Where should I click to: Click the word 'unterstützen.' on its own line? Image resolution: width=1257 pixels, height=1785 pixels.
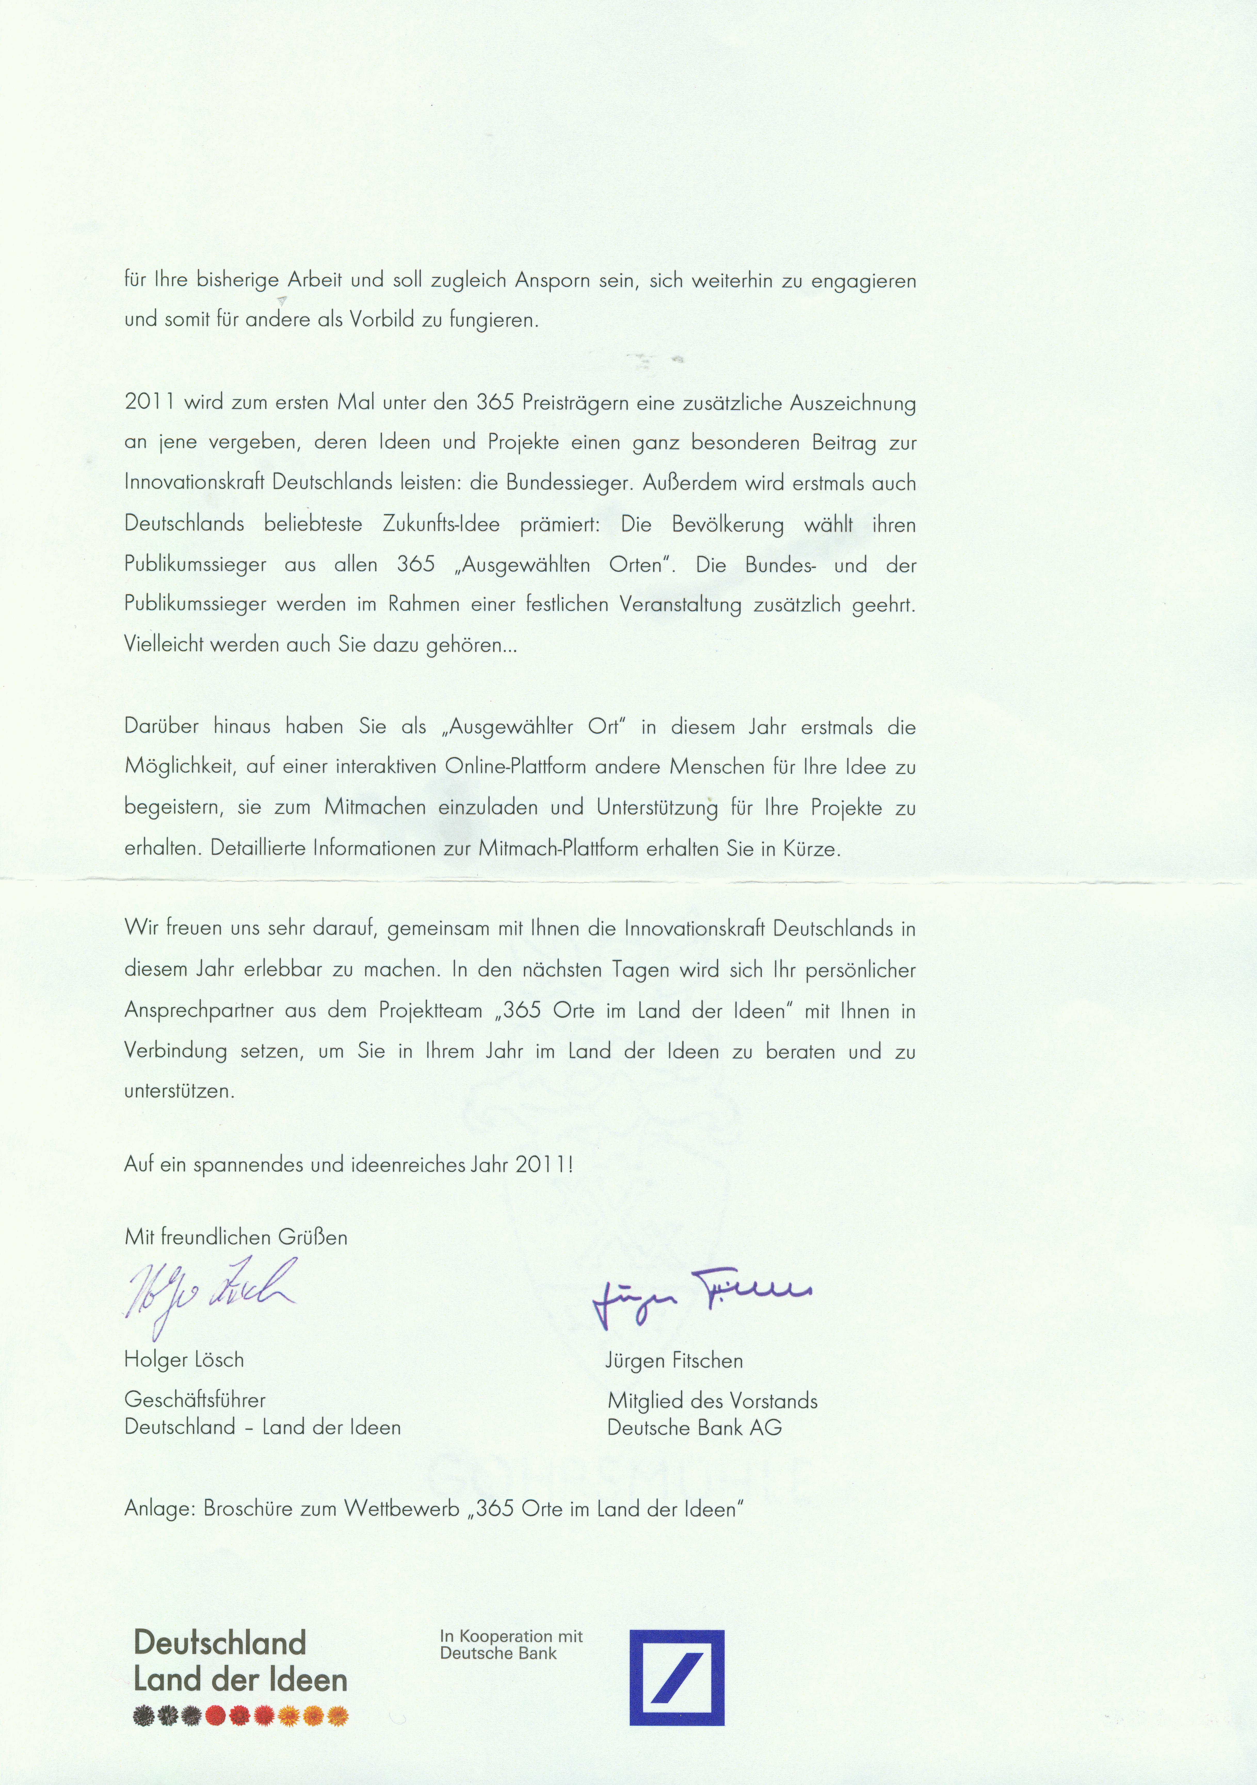pos(179,1091)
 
